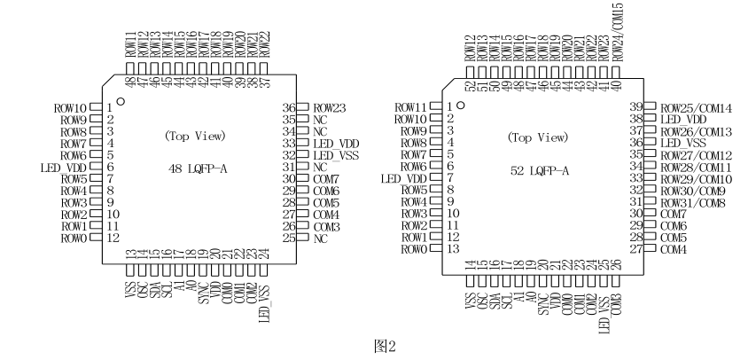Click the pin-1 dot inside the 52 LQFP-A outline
[x=462, y=106]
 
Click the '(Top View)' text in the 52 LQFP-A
[x=537, y=137]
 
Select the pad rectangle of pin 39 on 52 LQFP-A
[x=650, y=107]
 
